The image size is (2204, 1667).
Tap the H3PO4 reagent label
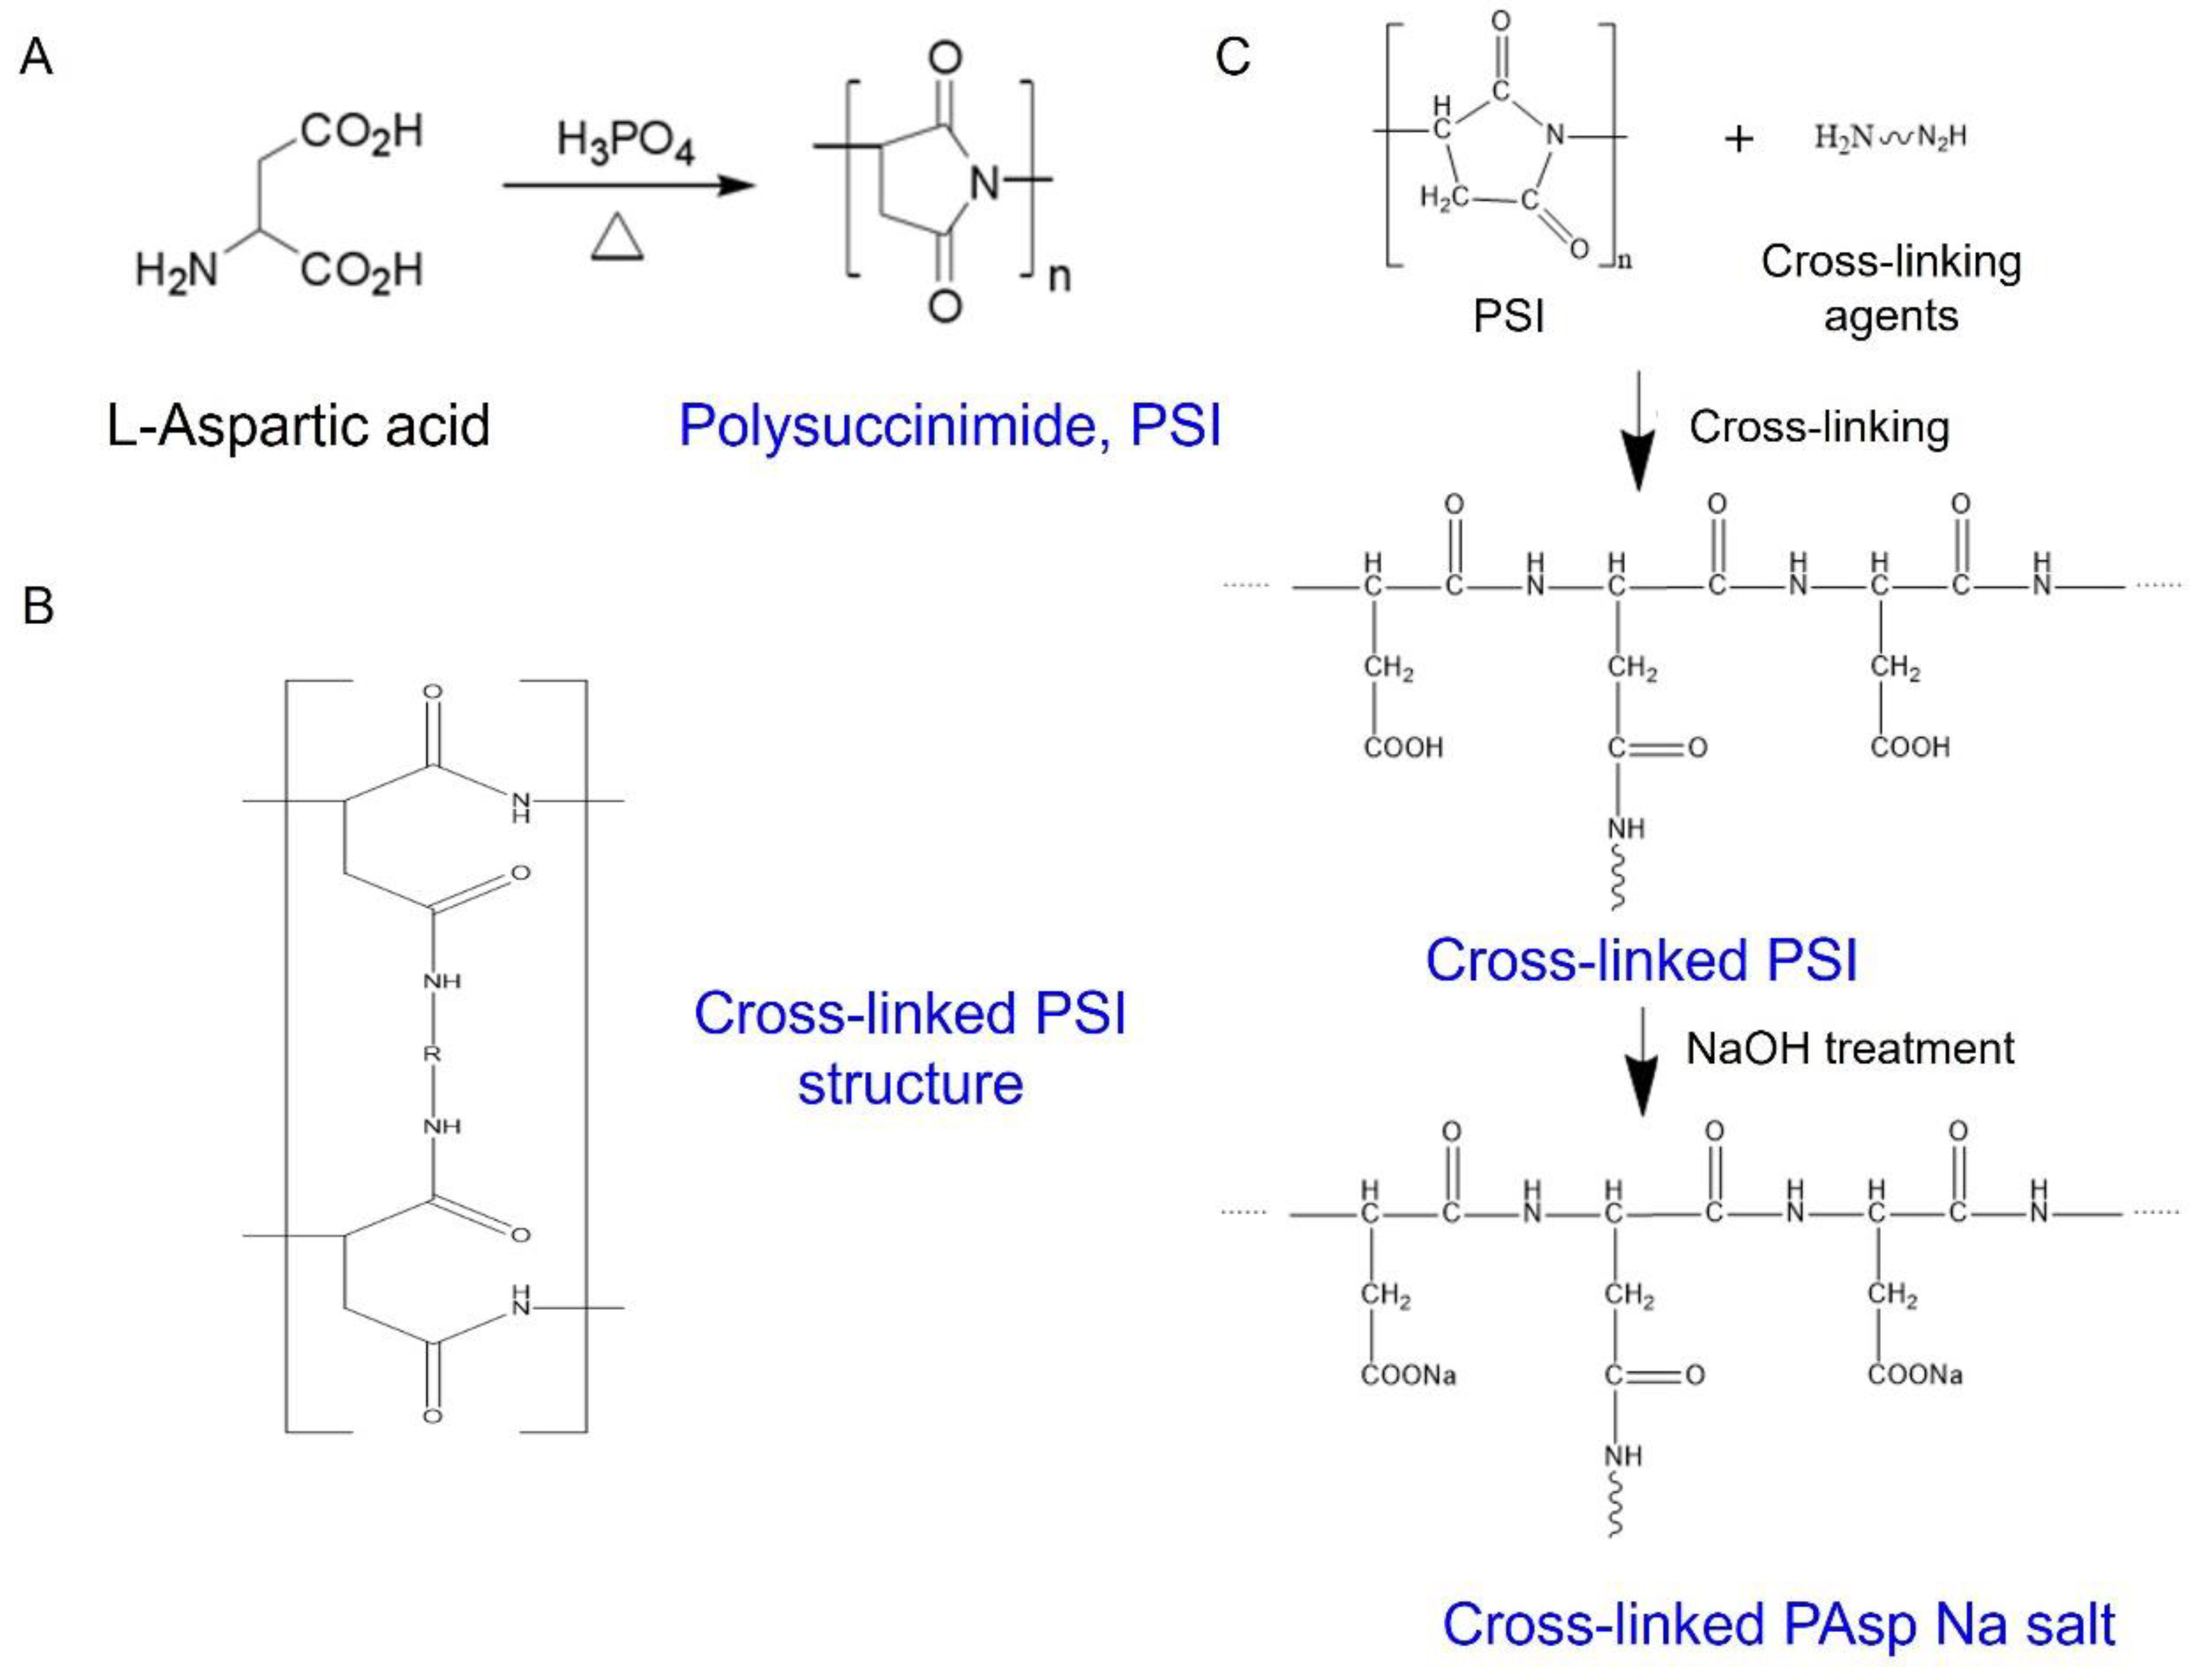pyautogui.click(x=625, y=142)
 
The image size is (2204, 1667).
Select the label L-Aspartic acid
pyautogui.click(x=298, y=425)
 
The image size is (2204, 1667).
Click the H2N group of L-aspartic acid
pyautogui.click(x=176, y=270)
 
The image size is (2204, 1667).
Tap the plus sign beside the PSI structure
pyautogui.click(x=1738, y=139)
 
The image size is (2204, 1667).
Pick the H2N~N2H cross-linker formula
pyautogui.click(x=1890, y=137)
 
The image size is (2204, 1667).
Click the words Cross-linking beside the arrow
pyautogui.click(x=1818, y=427)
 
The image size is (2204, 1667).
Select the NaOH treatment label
pyautogui.click(x=1849, y=1048)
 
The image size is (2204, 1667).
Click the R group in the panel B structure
pyautogui.click(x=431, y=1053)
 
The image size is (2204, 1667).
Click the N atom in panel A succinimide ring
pyautogui.click(x=984, y=183)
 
